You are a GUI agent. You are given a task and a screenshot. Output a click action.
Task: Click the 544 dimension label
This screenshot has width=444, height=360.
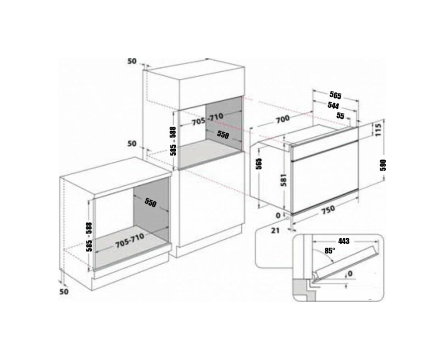(x=333, y=105)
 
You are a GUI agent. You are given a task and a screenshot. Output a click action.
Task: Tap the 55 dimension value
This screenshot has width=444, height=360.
(x=341, y=115)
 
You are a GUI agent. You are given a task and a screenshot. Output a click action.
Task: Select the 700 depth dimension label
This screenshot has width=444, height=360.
(x=283, y=119)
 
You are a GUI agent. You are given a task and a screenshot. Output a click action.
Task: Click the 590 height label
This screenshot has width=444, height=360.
(x=383, y=165)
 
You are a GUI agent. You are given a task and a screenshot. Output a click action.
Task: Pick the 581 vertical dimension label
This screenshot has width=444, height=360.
(x=284, y=180)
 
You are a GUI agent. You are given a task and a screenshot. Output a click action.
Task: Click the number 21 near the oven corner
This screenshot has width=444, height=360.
(x=275, y=230)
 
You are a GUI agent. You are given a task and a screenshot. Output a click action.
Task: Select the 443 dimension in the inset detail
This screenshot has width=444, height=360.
(x=344, y=241)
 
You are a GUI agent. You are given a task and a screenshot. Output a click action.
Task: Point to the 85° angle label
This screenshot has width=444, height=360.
(x=330, y=250)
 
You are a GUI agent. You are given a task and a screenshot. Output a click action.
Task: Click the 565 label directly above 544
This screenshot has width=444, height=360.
(x=335, y=95)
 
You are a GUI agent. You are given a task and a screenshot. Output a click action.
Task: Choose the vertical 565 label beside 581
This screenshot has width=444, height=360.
(x=259, y=164)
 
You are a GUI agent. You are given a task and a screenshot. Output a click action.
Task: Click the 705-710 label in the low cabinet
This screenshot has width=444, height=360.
(x=130, y=241)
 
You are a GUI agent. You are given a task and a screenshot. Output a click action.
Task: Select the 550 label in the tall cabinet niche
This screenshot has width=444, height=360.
(x=223, y=134)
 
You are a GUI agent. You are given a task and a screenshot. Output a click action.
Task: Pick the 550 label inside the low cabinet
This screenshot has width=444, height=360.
(x=150, y=202)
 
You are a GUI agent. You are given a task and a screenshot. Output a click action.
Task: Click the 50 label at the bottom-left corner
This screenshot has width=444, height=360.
(x=64, y=291)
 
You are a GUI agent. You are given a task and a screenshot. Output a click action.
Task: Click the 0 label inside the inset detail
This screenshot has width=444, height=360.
(x=350, y=273)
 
